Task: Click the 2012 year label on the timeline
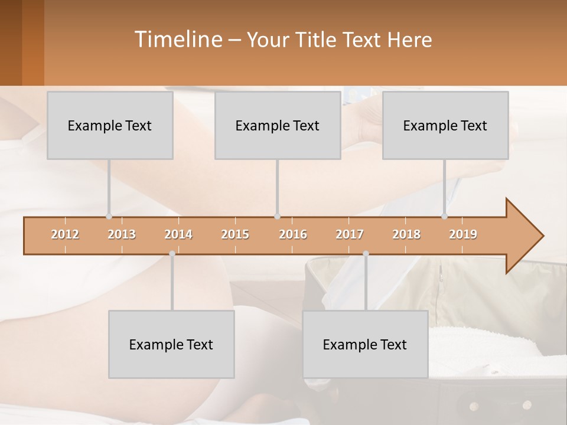[65, 234]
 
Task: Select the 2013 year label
[122, 234]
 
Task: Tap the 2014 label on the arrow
[178, 234]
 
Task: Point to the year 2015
[235, 234]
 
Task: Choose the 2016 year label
[293, 234]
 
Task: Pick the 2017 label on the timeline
[350, 234]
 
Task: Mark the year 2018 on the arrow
[406, 234]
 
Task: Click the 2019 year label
[463, 234]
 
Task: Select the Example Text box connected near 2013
[110, 125]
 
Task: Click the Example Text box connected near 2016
[278, 125]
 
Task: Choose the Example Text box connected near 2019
[445, 125]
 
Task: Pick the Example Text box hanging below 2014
[171, 344]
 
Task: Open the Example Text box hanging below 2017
[365, 344]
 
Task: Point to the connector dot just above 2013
[109, 216]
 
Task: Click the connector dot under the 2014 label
[172, 253]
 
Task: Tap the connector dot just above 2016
[277, 216]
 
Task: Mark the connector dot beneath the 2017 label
[366, 253]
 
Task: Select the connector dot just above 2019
[444, 216]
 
